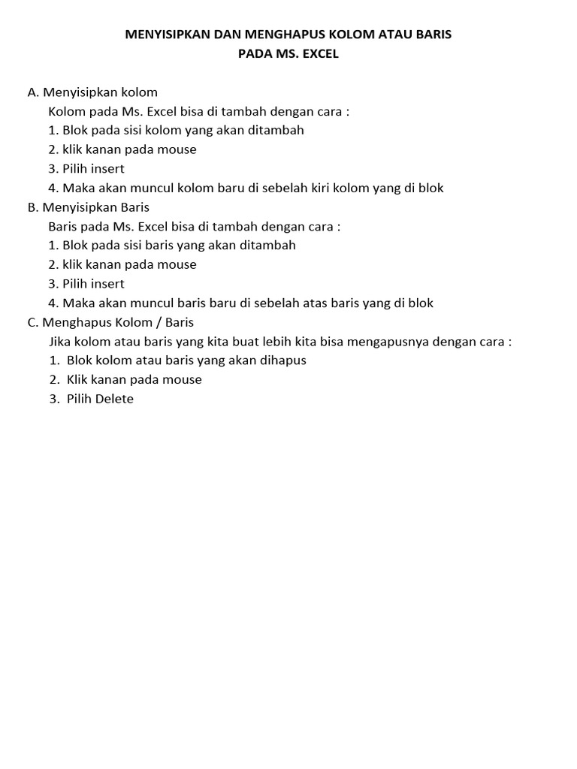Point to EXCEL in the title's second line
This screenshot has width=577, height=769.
(x=321, y=54)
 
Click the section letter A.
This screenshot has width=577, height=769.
(x=32, y=92)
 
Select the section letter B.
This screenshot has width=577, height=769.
(x=32, y=207)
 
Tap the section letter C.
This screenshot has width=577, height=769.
(x=32, y=322)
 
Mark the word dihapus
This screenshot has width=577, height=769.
(x=282, y=360)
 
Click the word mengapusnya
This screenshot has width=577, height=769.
(x=401, y=342)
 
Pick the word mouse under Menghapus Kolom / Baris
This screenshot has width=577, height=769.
(x=183, y=380)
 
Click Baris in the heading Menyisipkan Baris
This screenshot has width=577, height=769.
(x=132, y=207)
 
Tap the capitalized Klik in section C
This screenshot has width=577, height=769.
(x=78, y=380)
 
